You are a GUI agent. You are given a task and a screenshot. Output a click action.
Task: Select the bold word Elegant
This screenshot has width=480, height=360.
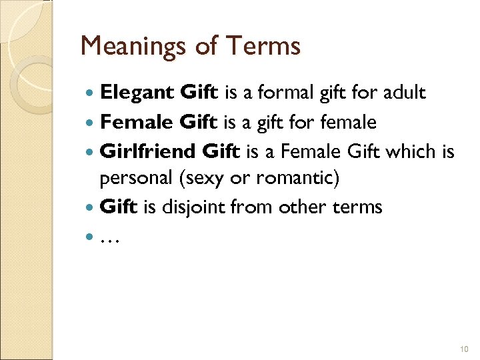(x=137, y=93)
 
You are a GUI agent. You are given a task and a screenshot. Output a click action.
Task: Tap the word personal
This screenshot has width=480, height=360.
(x=131, y=178)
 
